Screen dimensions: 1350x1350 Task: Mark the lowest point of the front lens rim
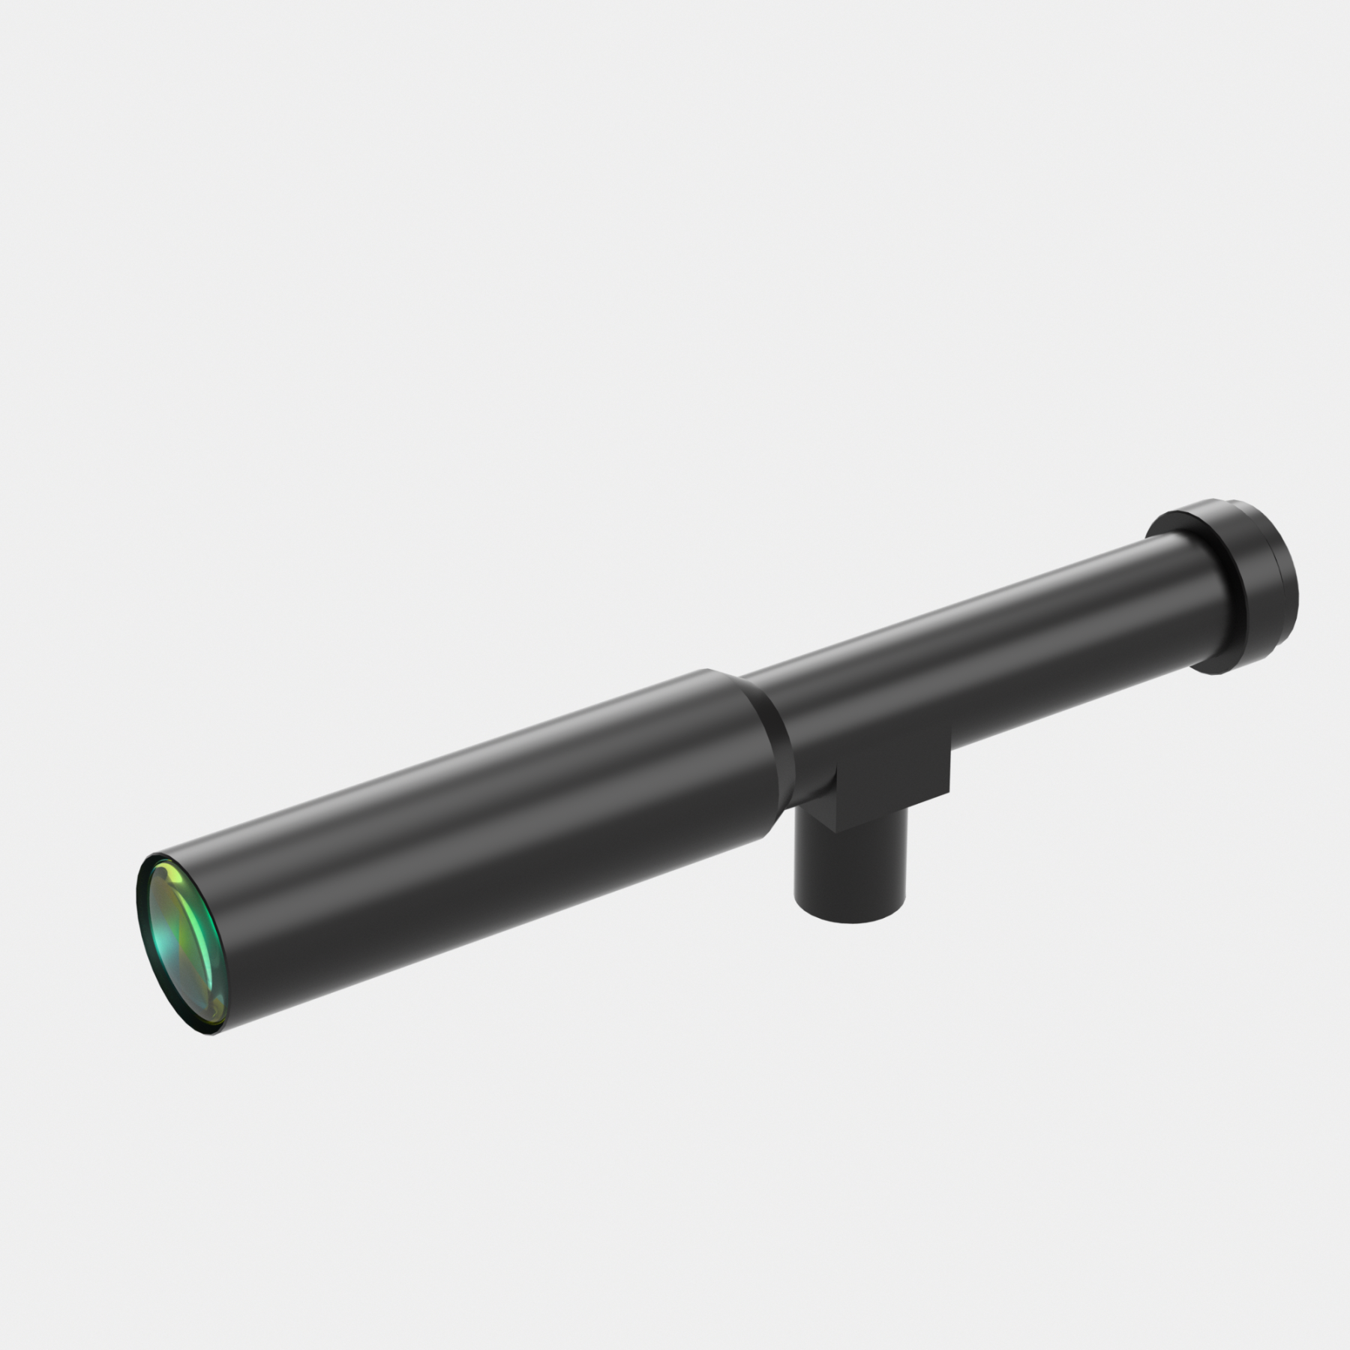[212, 1035]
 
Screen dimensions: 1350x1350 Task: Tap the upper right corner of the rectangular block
[950, 735]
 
